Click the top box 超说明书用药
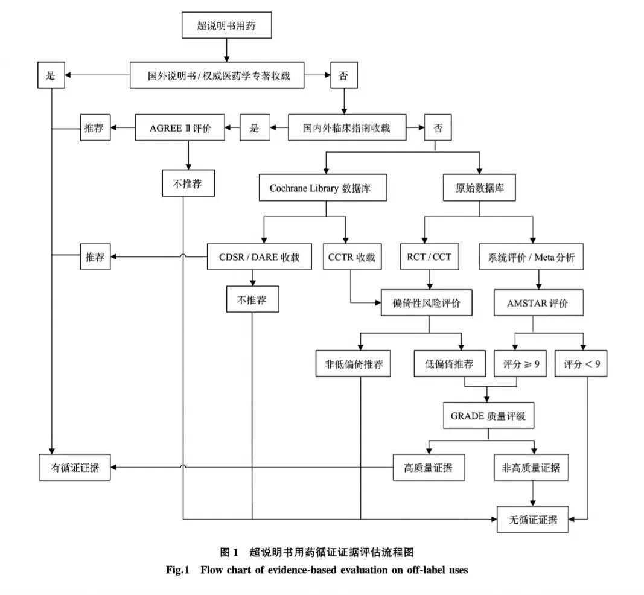(x=226, y=25)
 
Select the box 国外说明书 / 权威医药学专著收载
(x=218, y=75)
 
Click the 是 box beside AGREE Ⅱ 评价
(x=254, y=128)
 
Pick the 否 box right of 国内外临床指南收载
(x=436, y=128)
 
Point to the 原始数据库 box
(x=479, y=188)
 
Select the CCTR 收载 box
(x=351, y=258)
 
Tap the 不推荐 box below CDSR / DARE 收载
(x=252, y=299)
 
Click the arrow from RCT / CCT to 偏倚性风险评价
(x=430, y=279)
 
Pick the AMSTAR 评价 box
(x=538, y=303)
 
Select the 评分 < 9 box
(x=581, y=364)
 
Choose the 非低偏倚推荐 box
(x=353, y=364)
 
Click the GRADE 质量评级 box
(x=488, y=416)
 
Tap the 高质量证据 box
(x=429, y=468)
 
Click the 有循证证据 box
(x=74, y=468)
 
